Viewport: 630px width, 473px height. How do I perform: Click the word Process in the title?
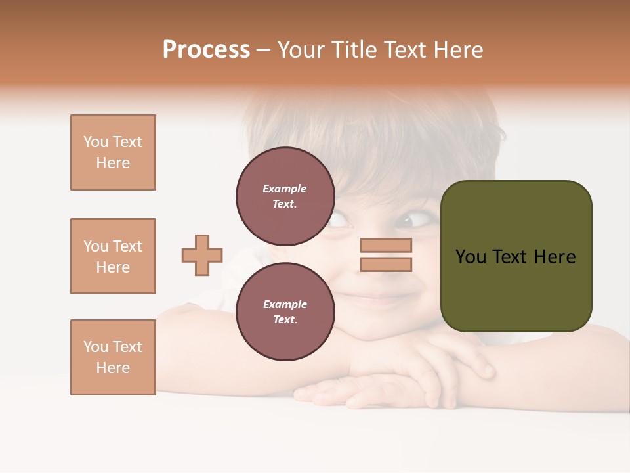[x=206, y=50]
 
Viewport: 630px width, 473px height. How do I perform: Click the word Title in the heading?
[x=352, y=50]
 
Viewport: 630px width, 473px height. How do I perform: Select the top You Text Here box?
[x=113, y=152]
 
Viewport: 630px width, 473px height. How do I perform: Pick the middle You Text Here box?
[x=113, y=256]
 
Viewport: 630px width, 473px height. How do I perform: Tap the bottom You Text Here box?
[x=113, y=357]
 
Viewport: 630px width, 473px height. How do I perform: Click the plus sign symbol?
[x=202, y=255]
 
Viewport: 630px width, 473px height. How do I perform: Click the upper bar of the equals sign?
[x=386, y=245]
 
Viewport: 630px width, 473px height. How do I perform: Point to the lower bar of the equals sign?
[x=386, y=265]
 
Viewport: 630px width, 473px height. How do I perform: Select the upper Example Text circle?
[x=285, y=196]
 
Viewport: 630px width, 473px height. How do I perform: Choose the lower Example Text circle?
[x=285, y=311]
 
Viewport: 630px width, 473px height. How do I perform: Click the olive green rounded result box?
[x=516, y=256]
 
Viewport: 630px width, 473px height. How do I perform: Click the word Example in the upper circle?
[x=284, y=189]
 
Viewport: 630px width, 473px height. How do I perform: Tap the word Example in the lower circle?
[x=285, y=304]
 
